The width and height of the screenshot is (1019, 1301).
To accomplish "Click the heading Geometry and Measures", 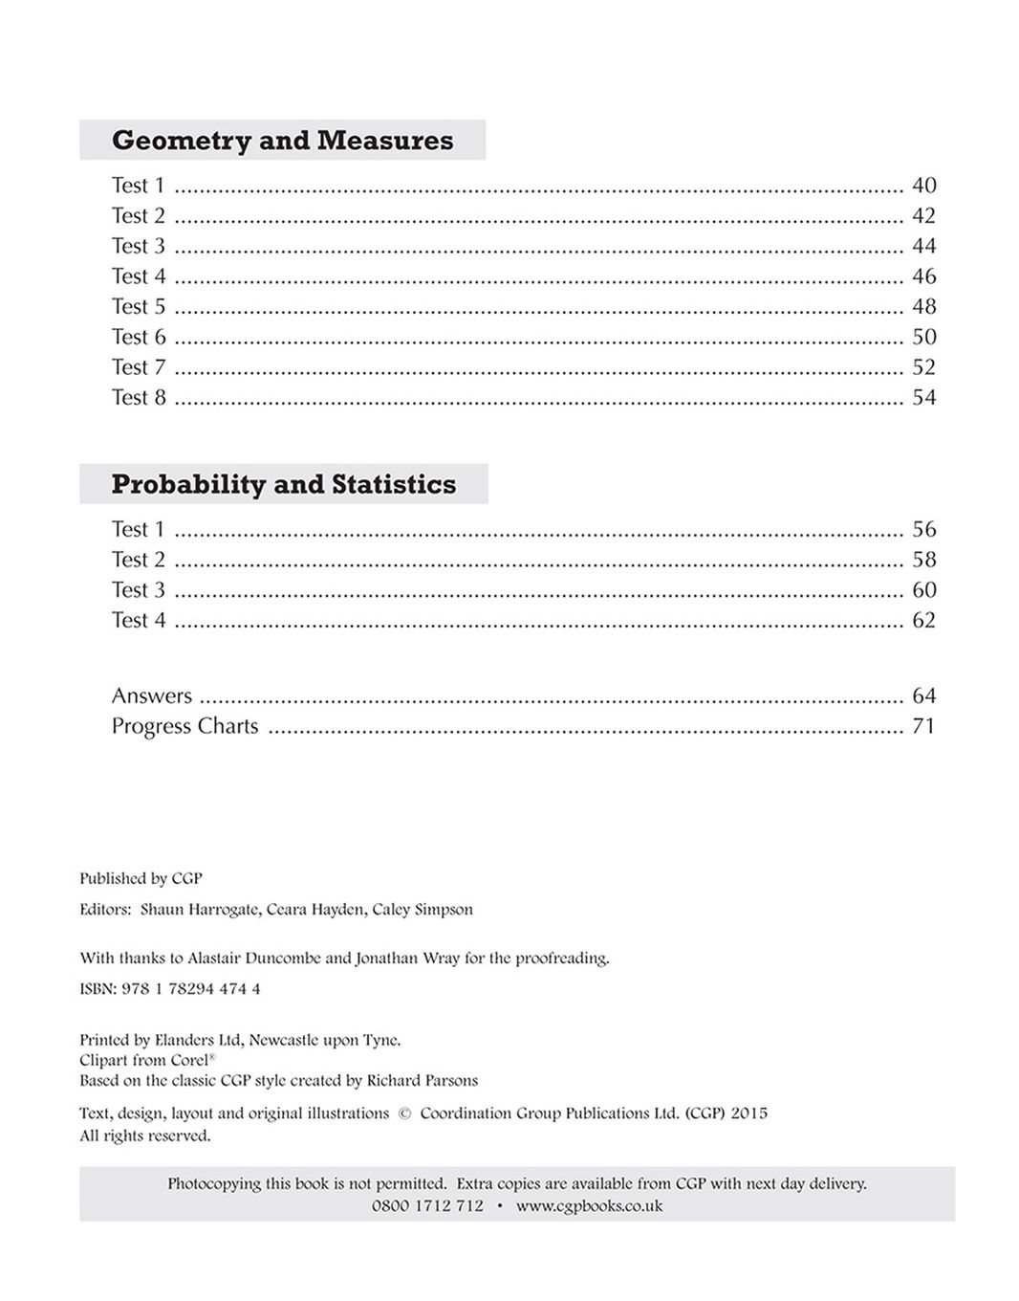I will coord(282,141).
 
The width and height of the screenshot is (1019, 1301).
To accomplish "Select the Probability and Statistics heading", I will coord(283,484).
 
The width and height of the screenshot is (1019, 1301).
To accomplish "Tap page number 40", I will coord(923,186).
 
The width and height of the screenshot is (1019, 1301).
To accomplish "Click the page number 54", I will coord(923,398).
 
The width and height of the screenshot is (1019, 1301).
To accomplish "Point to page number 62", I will coord(923,621).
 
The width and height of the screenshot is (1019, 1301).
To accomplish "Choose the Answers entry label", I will coord(151,696).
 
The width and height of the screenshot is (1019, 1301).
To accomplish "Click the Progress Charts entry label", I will coord(184,727).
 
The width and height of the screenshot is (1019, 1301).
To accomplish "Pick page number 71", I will coord(923,727).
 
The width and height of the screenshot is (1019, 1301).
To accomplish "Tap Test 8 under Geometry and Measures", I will coord(139,398).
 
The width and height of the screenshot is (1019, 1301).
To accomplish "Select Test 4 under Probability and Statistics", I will coord(139,621).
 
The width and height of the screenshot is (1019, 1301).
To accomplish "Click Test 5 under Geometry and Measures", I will coord(139,307).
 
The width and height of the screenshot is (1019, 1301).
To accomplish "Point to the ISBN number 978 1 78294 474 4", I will coord(191,989).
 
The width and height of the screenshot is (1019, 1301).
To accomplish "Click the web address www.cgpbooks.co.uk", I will coord(589,1206).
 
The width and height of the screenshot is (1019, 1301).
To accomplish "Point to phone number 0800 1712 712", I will coord(427,1206).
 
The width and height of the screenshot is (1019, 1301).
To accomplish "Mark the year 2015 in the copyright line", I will coord(748,1114).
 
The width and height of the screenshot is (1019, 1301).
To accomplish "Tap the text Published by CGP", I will coord(141,878).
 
